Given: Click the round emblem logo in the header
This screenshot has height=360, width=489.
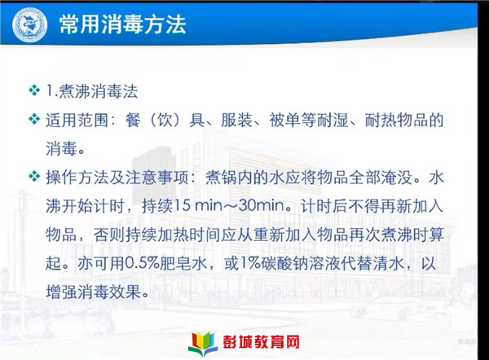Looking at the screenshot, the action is coord(30,24).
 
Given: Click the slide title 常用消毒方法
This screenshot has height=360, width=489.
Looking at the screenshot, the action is coord(123,24).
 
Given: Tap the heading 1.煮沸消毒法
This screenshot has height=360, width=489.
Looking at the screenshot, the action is coord(92,91).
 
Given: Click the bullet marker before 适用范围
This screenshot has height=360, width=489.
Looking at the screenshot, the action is coord(34,119).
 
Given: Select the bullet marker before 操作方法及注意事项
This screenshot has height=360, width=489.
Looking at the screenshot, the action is coord(34,177).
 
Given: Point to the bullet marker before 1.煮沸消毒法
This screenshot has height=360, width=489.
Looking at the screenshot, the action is coord(34,90).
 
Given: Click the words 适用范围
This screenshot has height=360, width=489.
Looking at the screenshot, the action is coord(77,120).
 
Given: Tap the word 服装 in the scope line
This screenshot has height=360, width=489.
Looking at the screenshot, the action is coord(236,120).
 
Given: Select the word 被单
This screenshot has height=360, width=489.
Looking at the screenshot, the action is coord(284,120).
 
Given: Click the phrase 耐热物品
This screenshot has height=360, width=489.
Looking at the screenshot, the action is coord(396,120).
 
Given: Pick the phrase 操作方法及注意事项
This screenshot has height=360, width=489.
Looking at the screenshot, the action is coord(117,178).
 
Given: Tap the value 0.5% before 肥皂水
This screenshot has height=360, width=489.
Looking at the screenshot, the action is coord(142,263).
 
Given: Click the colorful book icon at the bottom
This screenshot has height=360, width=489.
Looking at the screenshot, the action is coord(203,344).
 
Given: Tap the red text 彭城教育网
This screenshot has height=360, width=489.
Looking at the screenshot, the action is coord(261,342).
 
